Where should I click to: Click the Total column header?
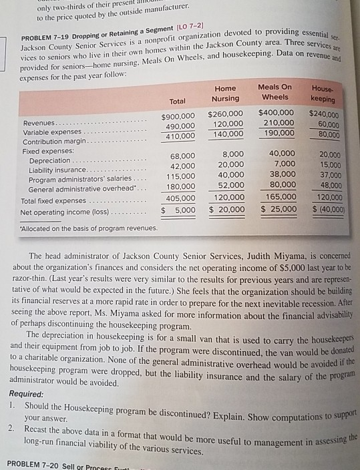[178, 101]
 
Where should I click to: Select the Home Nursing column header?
[225, 94]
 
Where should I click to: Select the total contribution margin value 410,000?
[178, 136]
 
